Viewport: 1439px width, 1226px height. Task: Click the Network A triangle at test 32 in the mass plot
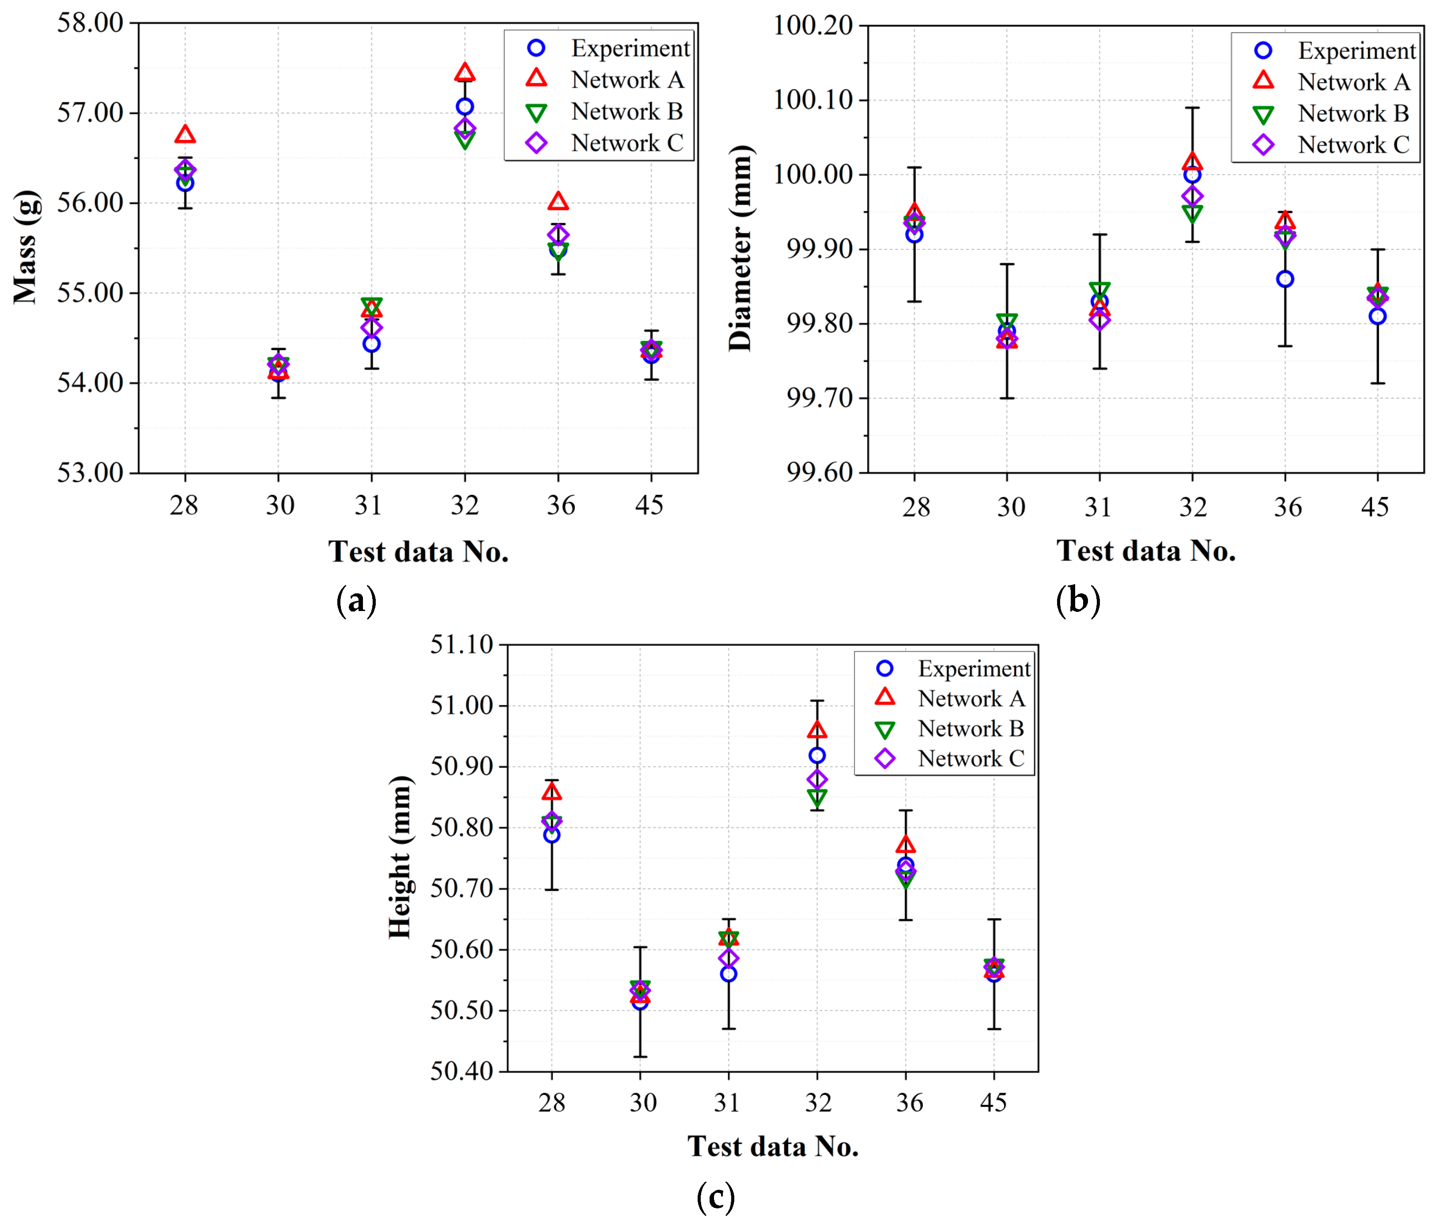click(465, 73)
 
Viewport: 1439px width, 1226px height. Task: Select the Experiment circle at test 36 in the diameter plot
click(1285, 279)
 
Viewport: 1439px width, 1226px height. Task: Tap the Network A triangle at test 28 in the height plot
click(551, 792)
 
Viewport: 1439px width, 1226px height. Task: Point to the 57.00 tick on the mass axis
click(90, 113)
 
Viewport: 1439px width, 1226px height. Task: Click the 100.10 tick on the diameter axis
click(812, 100)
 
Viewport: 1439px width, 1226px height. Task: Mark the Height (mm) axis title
click(401, 857)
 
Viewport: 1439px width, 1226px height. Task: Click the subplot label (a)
click(356, 600)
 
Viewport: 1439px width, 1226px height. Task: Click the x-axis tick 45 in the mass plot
click(650, 505)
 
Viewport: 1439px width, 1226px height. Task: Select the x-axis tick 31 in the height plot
click(727, 1102)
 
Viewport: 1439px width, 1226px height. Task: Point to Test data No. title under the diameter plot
click(1146, 551)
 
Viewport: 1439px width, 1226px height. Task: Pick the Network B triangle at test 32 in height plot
click(817, 798)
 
